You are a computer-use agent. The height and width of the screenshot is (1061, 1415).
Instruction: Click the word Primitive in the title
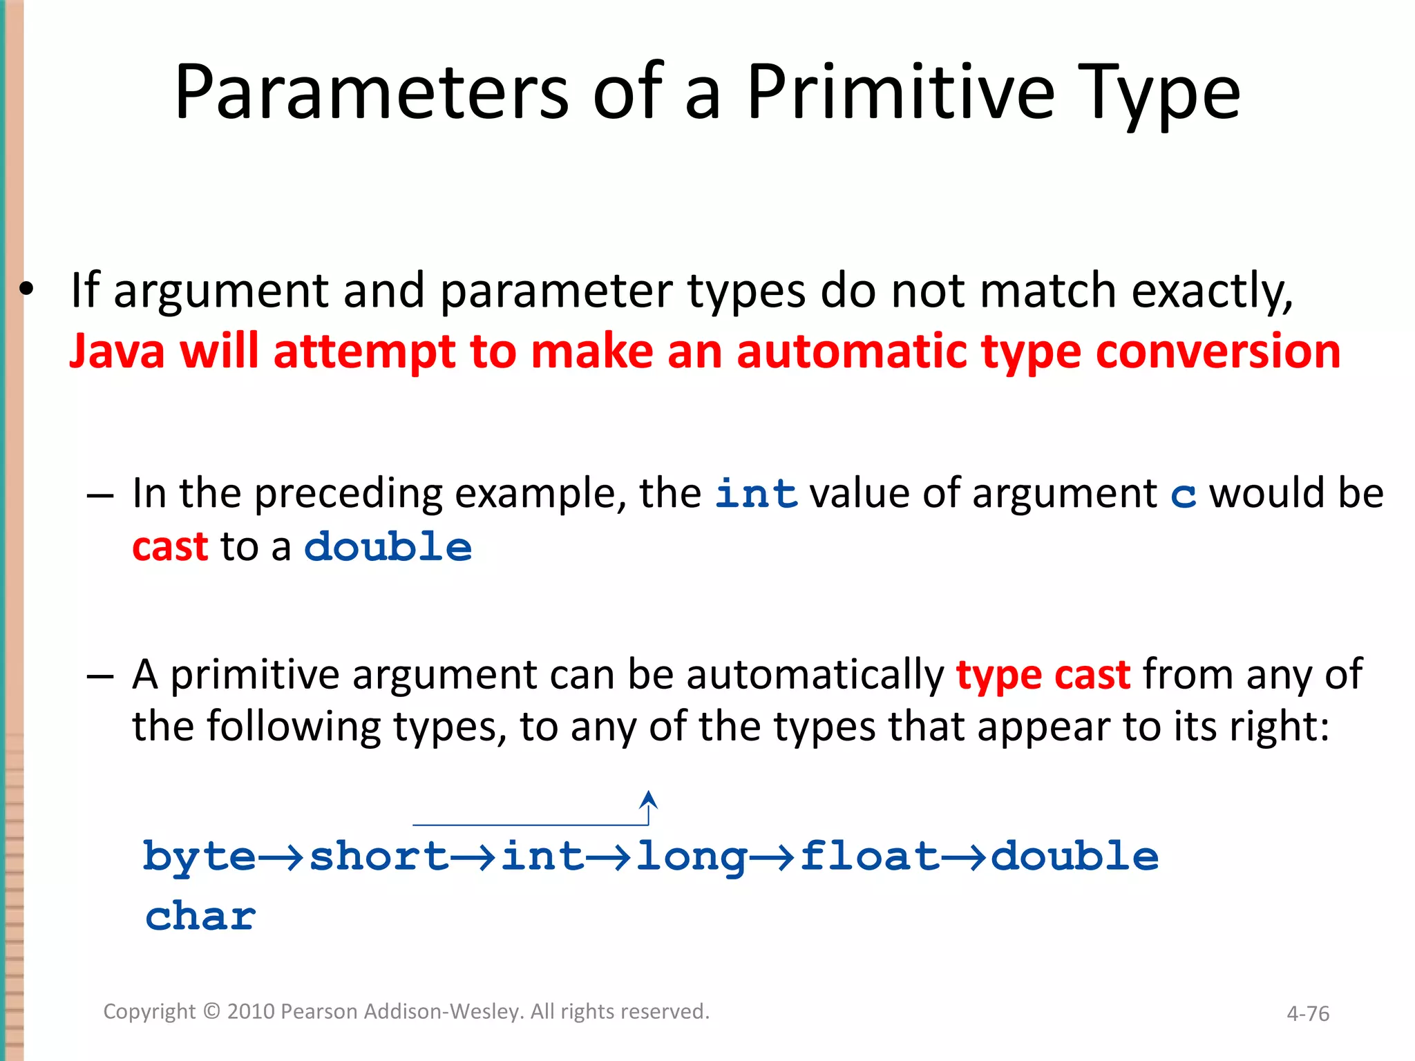(900, 93)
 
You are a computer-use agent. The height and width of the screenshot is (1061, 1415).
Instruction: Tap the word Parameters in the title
(371, 93)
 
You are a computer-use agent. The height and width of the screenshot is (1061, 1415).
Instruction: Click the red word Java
(117, 352)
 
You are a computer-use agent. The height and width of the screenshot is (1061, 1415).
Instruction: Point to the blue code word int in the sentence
(756, 495)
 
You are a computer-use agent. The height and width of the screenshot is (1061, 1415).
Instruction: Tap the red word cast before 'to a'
(170, 547)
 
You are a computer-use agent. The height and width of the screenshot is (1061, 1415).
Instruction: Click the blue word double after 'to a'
(388, 547)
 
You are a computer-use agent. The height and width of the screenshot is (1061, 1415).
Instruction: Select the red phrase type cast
(1043, 675)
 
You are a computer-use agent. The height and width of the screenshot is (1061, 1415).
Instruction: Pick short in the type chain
(379, 857)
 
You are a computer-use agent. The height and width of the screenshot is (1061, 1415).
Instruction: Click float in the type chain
(869, 857)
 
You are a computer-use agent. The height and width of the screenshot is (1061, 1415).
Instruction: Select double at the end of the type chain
(1074, 857)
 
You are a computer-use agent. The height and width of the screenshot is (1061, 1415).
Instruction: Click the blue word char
(200, 917)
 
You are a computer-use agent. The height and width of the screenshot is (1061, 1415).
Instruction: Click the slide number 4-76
(1307, 1014)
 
